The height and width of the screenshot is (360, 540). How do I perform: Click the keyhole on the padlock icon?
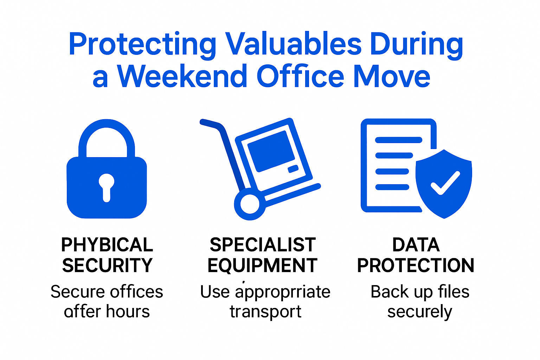pos(107,186)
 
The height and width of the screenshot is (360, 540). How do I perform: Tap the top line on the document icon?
pos(398,140)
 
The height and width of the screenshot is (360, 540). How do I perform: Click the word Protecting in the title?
pos(142,45)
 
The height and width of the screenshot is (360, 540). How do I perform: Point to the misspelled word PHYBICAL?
pos(107,245)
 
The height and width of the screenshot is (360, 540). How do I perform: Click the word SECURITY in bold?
pos(107,265)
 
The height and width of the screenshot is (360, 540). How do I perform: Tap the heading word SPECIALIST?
pos(263,245)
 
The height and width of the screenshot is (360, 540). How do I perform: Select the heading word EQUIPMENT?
pos(262,265)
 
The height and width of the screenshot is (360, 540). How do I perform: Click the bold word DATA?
pos(416,245)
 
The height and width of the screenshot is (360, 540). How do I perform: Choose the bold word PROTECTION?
pos(416,265)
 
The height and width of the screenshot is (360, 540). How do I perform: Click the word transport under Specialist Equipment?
pos(265,312)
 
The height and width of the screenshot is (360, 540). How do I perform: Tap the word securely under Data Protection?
pos(419,312)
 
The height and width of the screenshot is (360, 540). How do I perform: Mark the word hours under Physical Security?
pos(128,312)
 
